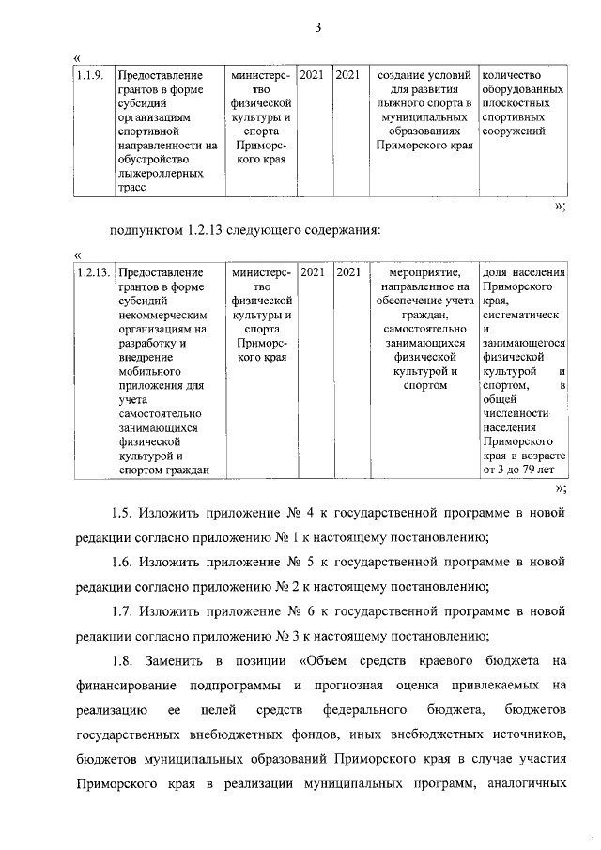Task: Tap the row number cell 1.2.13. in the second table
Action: [93, 272]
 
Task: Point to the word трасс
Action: [132, 187]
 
